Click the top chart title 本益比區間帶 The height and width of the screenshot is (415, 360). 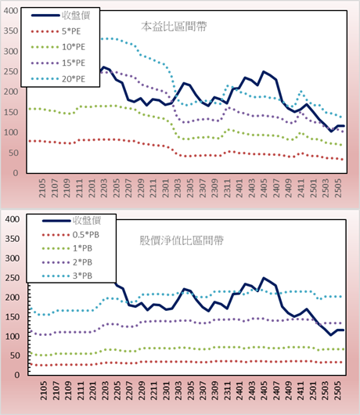(x=174, y=27)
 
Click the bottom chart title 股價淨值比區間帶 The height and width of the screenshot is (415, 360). (x=182, y=240)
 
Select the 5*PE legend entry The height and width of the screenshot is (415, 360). (x=56, y=31)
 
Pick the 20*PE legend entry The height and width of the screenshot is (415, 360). (x=58, y=79)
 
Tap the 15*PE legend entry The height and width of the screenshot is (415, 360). (x=58, y=63)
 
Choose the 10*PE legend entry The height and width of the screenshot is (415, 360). (x=58, y=47)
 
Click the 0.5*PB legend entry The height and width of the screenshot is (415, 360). (x=70, y=235)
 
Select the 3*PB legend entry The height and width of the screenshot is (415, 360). (x=67, y=276)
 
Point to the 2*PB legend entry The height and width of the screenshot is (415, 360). (x=67, y=262)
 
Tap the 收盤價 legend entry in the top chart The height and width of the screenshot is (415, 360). (x=61, y=16)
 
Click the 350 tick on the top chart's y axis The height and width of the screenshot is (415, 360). (x=11, y=31)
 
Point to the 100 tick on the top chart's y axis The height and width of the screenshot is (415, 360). (x=11, y=132)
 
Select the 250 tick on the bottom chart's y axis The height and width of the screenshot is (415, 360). (x=13, y=278)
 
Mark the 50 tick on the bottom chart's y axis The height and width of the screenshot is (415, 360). (x=15, y=355)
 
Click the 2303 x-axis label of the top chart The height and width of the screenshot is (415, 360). (x=177, y=188)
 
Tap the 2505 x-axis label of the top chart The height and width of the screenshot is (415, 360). (x=338, y=188)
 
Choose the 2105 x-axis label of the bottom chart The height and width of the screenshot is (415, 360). (x=43, y=391)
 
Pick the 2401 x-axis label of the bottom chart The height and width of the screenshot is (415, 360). (x=239, y=391)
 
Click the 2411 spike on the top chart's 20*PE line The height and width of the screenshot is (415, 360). (x=301, y=92)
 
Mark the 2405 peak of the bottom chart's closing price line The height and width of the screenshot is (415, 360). (x=264, y=278)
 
